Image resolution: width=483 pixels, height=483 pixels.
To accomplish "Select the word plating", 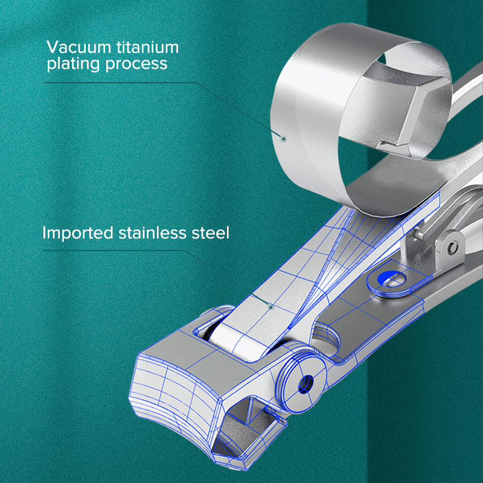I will click(x=71, y=64).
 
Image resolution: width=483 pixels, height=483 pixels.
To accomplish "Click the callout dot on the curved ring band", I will click(x=283, y=138).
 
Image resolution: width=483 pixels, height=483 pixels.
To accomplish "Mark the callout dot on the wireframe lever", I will click(x=271, y=307).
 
